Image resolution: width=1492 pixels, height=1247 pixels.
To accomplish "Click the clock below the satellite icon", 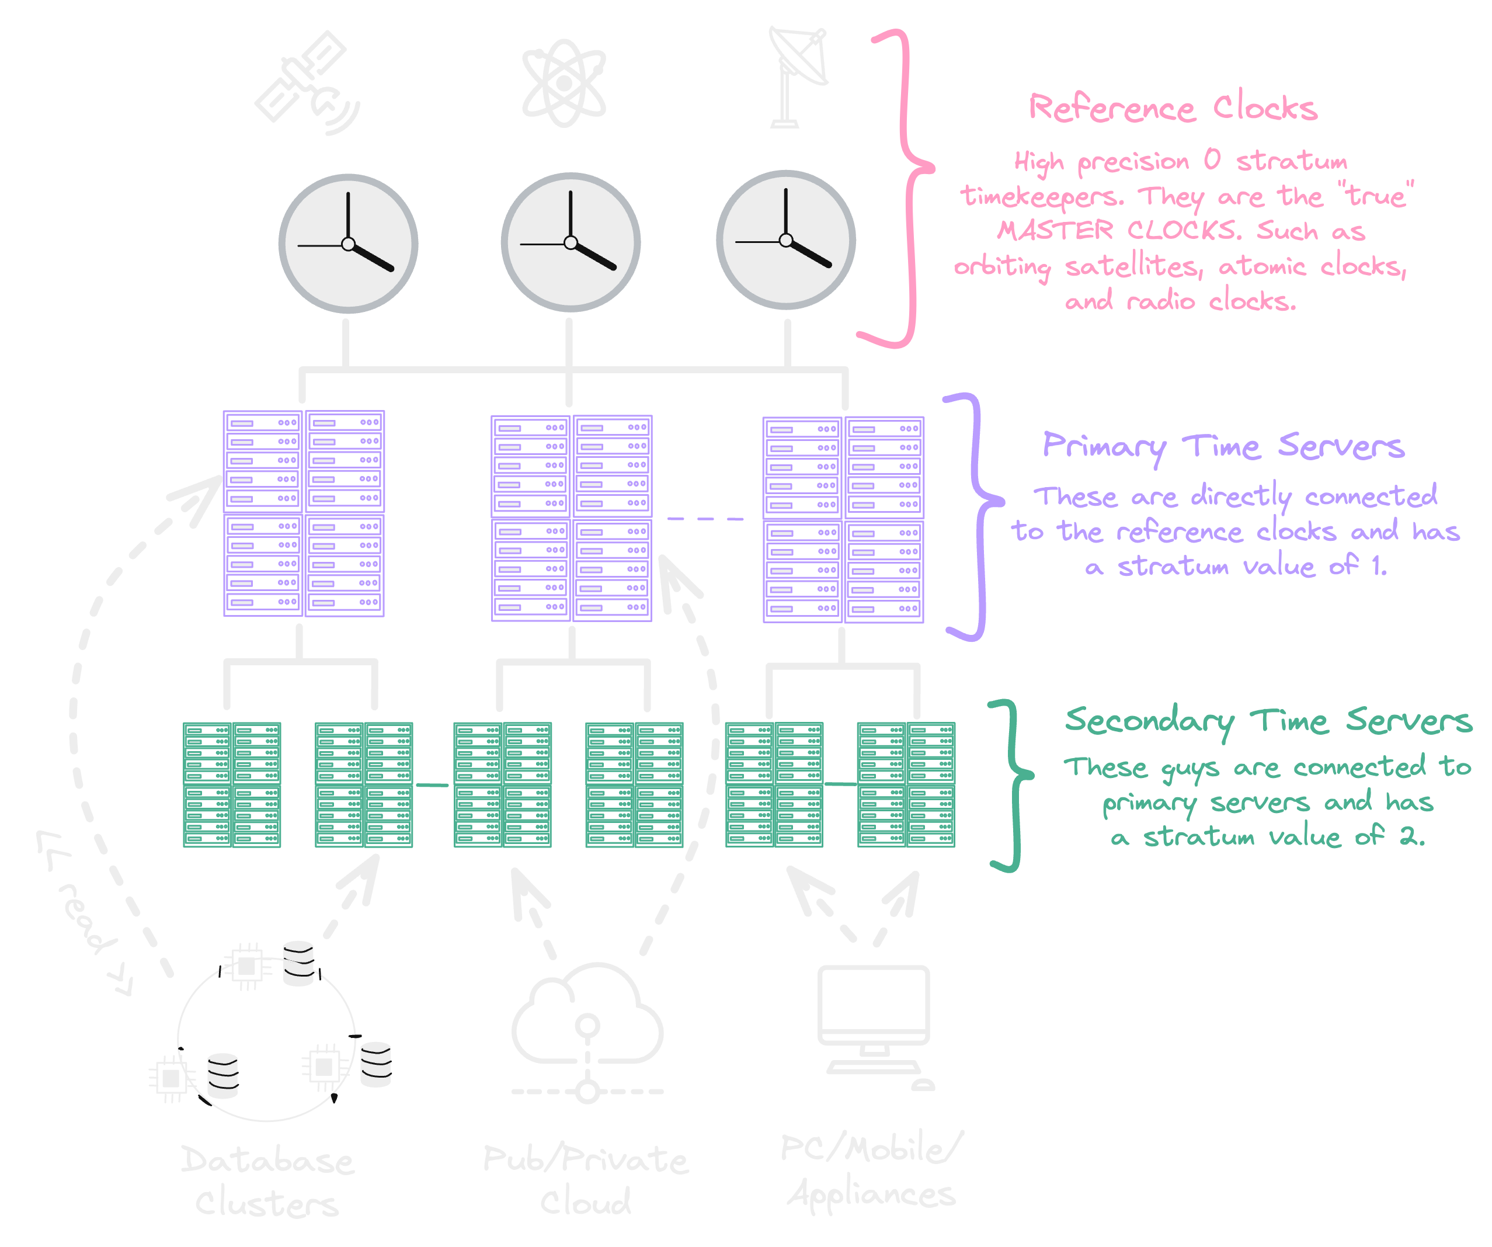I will tap(348, 244).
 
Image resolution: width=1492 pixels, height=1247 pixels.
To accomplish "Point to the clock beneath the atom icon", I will tap(571, 242).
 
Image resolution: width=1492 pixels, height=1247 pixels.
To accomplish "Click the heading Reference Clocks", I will tap(1173, 108).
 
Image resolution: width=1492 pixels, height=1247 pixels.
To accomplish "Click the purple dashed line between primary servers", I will tap(705, 519).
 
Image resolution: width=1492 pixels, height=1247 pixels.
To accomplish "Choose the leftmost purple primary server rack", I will tap(304, 513).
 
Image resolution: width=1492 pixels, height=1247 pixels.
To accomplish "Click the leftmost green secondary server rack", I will tap(232, 784).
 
